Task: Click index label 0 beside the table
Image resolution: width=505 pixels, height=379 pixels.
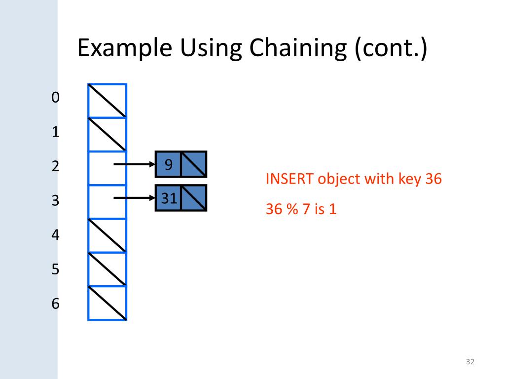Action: [55, 98]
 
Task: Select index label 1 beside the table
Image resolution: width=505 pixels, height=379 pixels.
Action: [55, 132]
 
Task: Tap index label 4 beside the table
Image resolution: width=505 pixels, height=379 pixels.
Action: [55, 235]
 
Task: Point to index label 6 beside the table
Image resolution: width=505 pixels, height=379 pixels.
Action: [55, 303]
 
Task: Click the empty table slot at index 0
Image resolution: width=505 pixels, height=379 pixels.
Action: [108, 101]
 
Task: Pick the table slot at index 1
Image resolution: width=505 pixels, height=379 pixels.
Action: [108, 135]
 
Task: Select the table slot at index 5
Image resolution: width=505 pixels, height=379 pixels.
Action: [108, 269]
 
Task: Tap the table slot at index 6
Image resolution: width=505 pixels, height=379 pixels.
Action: [108, 303]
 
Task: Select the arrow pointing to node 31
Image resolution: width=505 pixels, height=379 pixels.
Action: [134, 198]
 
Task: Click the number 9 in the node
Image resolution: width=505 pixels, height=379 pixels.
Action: [168, 164]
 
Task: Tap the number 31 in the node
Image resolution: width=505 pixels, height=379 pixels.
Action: [169, 198]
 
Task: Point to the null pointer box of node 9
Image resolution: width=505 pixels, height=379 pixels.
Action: [194, 164]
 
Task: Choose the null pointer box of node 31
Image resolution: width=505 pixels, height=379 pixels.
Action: [194, 198]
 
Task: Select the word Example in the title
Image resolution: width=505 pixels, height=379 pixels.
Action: [125, 49]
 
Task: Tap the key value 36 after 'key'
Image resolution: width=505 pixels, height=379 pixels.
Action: [433, 179]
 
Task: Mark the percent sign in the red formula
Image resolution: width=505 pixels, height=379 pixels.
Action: [291, 209]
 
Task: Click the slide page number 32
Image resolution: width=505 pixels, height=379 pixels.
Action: [469, 363]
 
